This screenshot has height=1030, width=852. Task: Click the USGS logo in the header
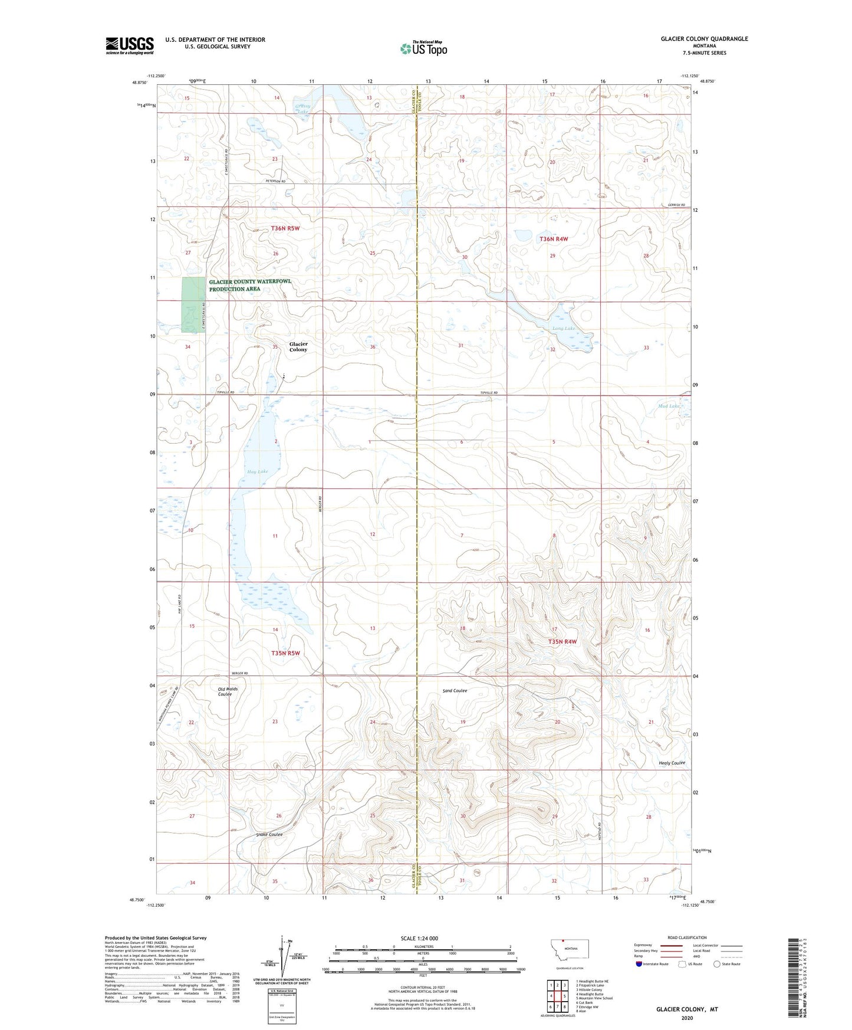click(x=129, y=45)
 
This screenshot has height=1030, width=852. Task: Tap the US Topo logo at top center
click(x=423, y=48)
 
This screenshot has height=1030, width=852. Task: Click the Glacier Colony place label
click(x=298, y=347)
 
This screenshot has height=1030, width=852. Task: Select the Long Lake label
click(x=563, y=329)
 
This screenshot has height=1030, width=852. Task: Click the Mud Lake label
click(x=669, y=406)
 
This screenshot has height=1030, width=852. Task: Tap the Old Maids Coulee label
click(x=225, y=691)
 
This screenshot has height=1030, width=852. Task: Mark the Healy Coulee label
click(x=672, y=763)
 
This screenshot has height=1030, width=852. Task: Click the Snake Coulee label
click(x=269, y=834)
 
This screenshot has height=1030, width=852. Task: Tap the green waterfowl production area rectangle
click(x=193, y=304)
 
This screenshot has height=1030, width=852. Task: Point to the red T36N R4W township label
click(x=554, y=239)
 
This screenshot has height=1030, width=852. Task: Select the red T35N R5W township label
click(x=285, y=653)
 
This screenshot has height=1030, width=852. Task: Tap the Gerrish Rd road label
click(x=676, y=205)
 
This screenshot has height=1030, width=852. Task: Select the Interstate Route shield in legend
click(x=639, y=964)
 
